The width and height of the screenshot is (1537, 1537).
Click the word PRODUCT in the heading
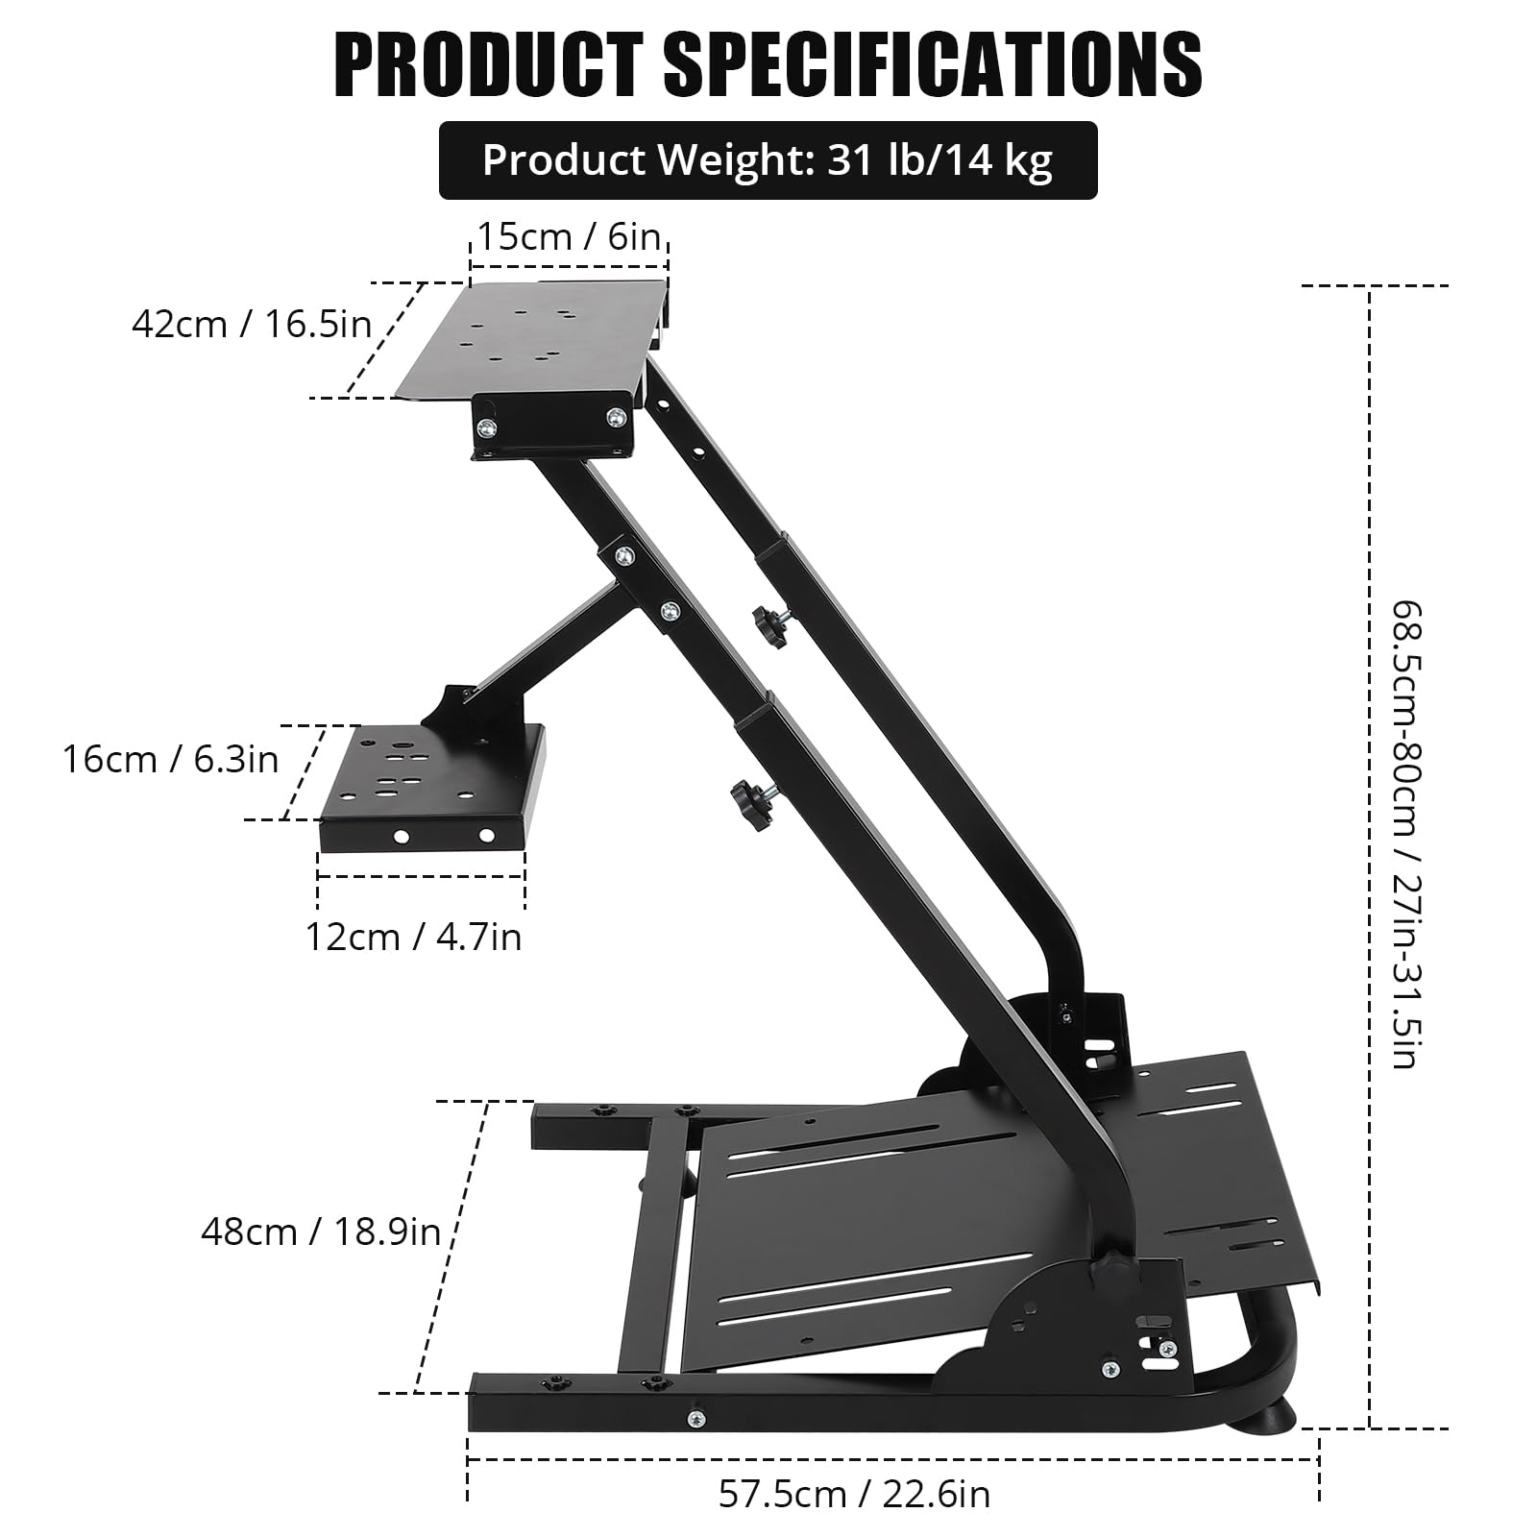(488, 64)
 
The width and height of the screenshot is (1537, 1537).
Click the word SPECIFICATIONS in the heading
(933, 64)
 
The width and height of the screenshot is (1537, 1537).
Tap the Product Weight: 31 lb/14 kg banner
(768, 160)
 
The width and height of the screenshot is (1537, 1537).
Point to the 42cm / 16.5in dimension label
(252, 324)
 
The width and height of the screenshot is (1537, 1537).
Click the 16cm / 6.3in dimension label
(170, 759)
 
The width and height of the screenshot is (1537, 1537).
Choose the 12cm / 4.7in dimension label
(413, 936)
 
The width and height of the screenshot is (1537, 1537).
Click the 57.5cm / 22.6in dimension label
(854, 1494)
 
